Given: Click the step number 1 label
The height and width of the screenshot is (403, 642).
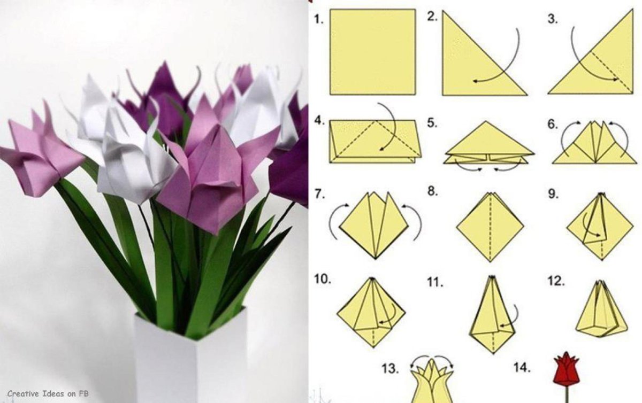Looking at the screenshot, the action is [319, 19].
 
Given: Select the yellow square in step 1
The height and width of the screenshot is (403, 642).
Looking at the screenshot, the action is [372, 52].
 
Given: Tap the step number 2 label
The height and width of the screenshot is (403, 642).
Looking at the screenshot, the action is [432, 17].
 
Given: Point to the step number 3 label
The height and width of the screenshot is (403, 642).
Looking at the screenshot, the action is [553, 19].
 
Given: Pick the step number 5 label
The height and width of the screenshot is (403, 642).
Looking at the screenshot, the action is [432, 123].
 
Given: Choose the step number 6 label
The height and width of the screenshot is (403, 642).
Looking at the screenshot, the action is [553, 125].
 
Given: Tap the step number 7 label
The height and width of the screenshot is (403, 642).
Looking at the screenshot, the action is [319, 194].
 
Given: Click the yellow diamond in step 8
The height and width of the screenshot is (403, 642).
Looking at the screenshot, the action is [490, 227].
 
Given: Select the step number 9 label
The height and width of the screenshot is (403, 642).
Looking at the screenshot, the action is [553, 194].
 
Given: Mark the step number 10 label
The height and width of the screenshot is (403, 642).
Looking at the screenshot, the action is [323, 278].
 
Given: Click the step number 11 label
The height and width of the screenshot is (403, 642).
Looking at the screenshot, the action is [435, 282].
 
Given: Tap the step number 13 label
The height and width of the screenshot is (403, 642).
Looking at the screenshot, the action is [390, 368].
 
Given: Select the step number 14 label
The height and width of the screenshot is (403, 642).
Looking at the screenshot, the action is [522, 367].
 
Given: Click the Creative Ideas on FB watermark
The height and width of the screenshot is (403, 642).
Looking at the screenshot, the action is [48, 393].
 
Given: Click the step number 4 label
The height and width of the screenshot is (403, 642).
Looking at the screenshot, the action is [319, 121].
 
